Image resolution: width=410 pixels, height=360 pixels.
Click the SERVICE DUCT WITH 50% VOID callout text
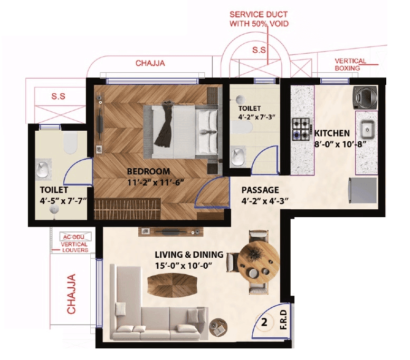[x=259, y=20]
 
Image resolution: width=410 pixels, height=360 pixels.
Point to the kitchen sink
[x=367, y=128]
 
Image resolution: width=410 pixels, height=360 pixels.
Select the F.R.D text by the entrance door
[x=283, y=322]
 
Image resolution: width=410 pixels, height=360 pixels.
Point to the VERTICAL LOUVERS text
[x=74, y=248]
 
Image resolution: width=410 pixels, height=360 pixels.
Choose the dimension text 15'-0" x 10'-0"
[x=183, y=266]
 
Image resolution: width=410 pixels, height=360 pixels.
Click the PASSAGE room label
[x=260, y=190]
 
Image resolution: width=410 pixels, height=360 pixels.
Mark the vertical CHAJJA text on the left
[x=72, y=294]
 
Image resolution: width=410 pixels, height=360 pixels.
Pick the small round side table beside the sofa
[x=217, y=327]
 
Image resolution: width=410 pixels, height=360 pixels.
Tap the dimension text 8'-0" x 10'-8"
[x=333, y=143]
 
